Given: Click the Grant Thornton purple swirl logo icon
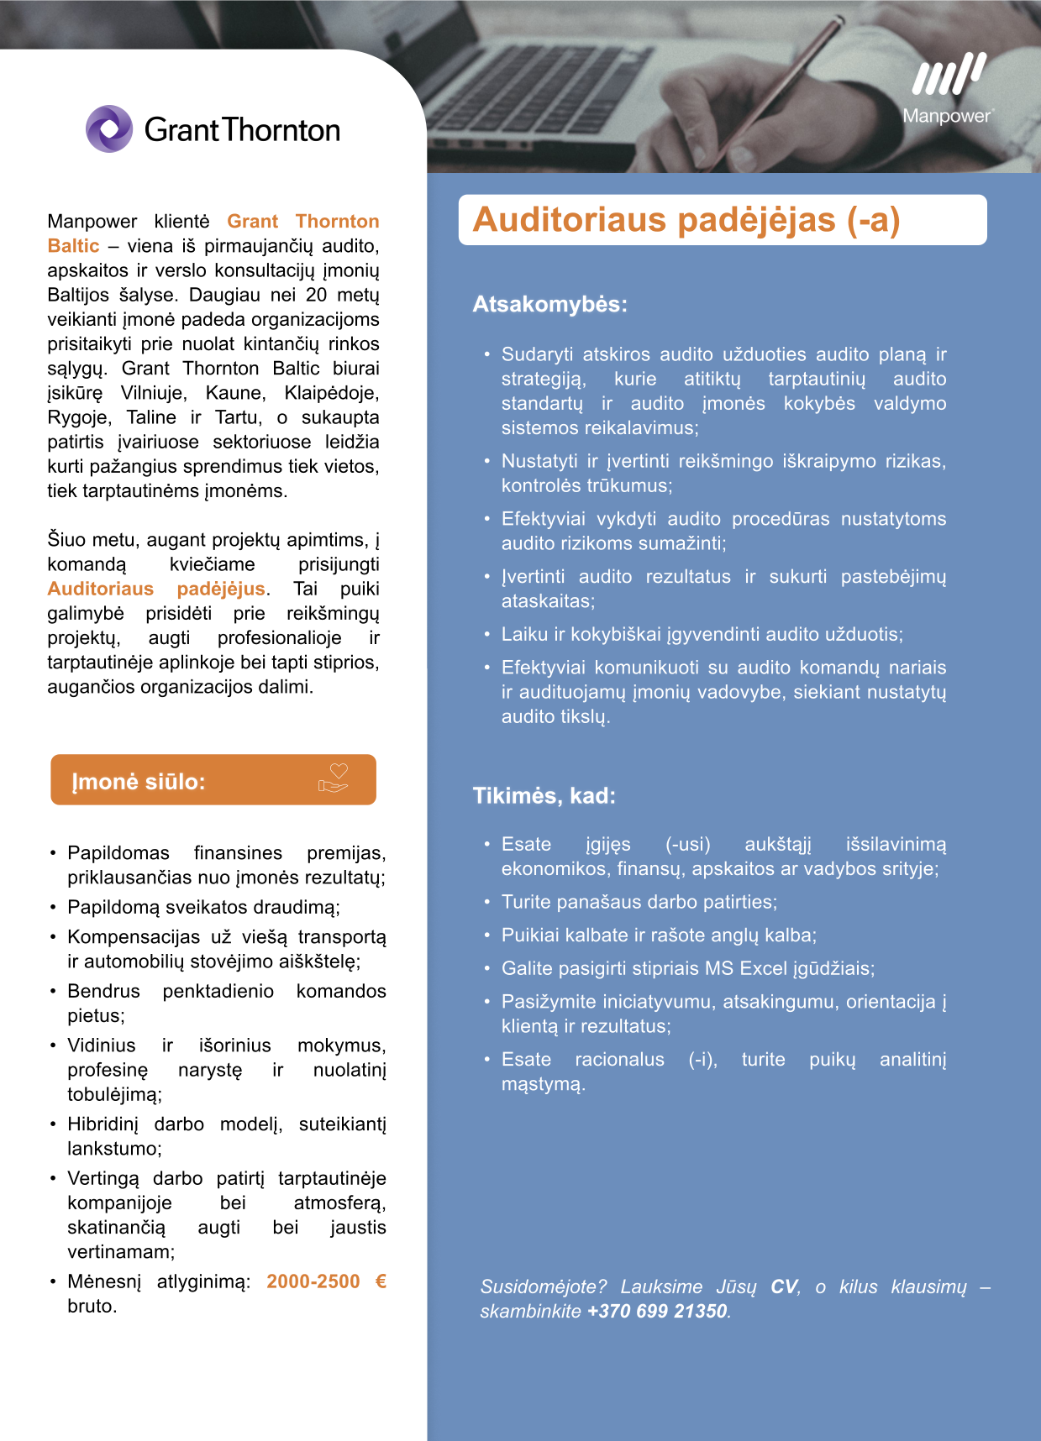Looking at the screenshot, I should coord(109,128).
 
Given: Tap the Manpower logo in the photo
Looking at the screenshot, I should coord(949,88).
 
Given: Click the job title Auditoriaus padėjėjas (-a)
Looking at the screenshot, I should coord(686,220).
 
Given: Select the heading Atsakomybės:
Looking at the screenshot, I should coord(549,304).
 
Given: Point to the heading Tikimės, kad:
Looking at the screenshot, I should coord(544,796).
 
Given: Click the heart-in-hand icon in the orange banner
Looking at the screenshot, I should coord(334,778).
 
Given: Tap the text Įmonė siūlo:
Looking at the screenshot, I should coord(139,782).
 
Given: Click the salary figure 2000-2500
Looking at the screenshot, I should coord(313,1281).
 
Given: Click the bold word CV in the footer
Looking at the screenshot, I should coord(784,1286).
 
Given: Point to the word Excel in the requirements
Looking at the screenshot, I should coord(763,968).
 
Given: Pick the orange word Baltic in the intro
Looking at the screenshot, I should coord(73,246).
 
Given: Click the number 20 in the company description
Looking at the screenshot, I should coord(316,295).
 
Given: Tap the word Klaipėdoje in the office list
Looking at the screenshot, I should coord(331,393).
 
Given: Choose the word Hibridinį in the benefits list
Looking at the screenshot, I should coord(102,1124).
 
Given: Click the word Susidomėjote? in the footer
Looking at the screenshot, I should coord(543,1286).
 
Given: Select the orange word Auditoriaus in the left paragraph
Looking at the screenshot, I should coord(101,589).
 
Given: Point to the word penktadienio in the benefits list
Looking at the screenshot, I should coord(218,991).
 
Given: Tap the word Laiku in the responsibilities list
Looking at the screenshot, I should coord(524,634).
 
